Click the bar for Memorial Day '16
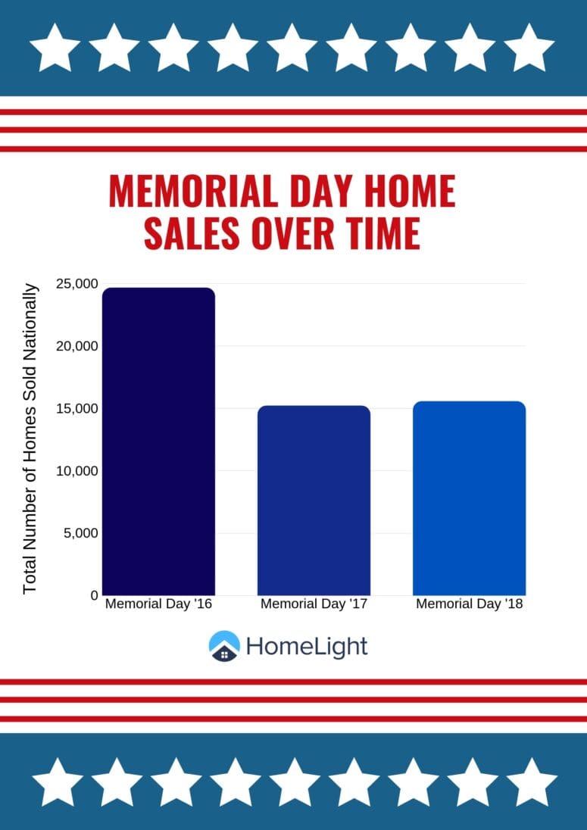158,442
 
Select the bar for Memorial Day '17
314,501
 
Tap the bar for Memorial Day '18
469,498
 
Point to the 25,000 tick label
77,284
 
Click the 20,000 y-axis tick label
77,346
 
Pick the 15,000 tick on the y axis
77,409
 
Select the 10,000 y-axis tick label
77,470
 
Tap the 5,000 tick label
81,533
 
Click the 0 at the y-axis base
94,595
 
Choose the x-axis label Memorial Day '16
159,604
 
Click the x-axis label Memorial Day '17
314,604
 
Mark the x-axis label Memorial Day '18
470,604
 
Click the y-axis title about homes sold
31,438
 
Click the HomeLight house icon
224,646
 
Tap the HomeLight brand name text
307,647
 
